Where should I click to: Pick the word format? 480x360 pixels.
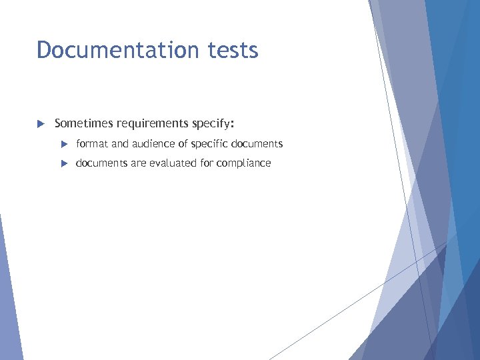[90, 143]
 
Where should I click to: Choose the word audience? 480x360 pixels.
[153, 143]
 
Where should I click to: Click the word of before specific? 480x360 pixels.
[183, 143]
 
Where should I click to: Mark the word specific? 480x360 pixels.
[209, 143]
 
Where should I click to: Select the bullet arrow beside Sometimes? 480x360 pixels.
[40, 123]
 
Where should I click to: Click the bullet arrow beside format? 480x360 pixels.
[64, 144]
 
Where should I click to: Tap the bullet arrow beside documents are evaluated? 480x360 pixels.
[64, 163]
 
